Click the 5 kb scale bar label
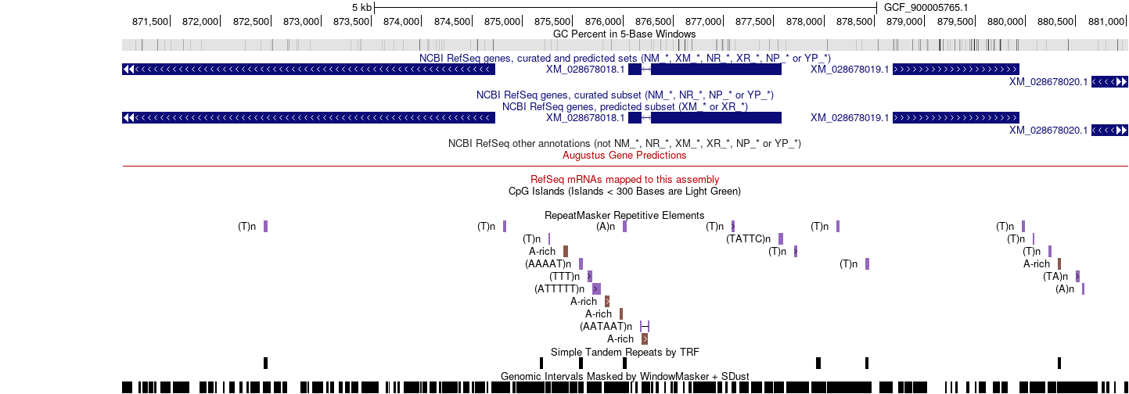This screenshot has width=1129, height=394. (x=361, y=8)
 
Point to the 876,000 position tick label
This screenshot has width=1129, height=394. (x=602, y=22)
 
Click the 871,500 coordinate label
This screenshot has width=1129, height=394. (x=150, y=22)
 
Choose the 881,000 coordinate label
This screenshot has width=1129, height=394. (x=1106, y=22)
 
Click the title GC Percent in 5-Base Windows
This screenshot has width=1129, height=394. (x=624, y=34)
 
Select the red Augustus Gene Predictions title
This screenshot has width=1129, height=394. (x=624, y=156)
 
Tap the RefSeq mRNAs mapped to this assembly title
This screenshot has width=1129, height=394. (x=624, y=179)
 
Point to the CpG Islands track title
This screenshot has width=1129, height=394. (x=624, y=192)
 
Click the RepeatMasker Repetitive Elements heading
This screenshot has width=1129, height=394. (x=624, y=216)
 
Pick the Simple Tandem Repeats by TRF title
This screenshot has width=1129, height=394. (x=624, y=353)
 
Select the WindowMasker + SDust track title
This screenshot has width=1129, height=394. (x=624, y=376)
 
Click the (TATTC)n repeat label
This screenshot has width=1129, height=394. (x=749, y=238)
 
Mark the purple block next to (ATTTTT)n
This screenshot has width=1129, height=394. (x=596, y=288)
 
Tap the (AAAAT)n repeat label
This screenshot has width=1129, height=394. (x=548, y=264)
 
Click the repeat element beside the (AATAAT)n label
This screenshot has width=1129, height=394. (x=645, y=327)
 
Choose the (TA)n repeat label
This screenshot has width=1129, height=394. (x=1055, y=277)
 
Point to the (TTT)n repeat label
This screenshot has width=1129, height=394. (x=565, y=277)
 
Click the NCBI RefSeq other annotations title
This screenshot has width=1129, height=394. (x=624, y=144)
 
